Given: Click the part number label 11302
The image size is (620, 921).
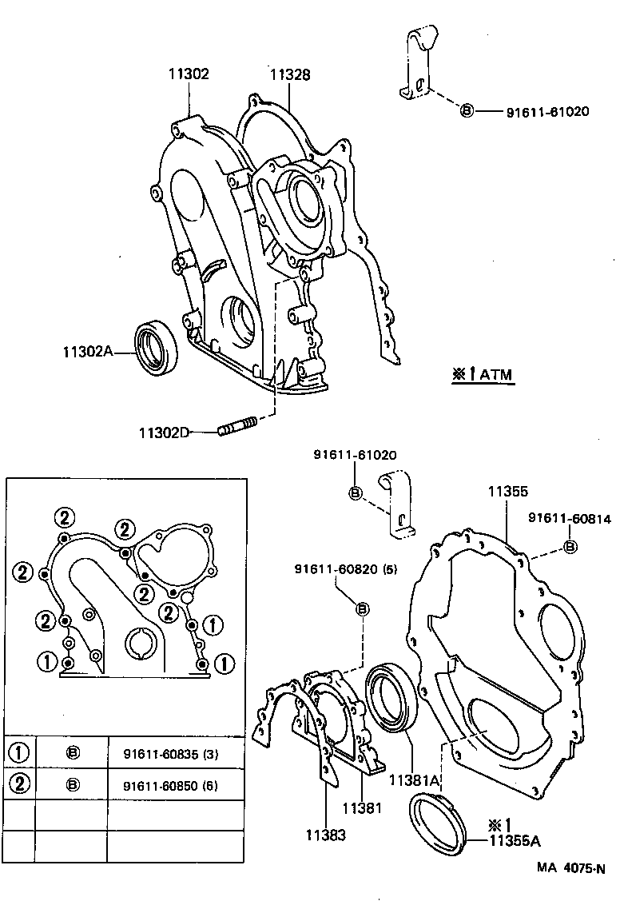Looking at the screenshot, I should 189,74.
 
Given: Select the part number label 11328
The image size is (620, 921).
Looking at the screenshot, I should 289,74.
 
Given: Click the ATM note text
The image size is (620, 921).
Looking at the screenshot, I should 483,373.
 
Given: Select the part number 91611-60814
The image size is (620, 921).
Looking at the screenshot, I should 569,519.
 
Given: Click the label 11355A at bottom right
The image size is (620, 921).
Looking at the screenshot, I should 515,840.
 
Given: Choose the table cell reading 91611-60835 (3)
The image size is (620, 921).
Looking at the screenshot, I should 171,754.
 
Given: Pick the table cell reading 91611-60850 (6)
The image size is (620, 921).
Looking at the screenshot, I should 171,785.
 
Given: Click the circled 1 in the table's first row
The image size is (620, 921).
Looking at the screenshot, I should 19,753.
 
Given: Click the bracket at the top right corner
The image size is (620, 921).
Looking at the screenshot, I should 417,64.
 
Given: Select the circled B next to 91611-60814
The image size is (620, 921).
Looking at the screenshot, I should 570,546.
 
